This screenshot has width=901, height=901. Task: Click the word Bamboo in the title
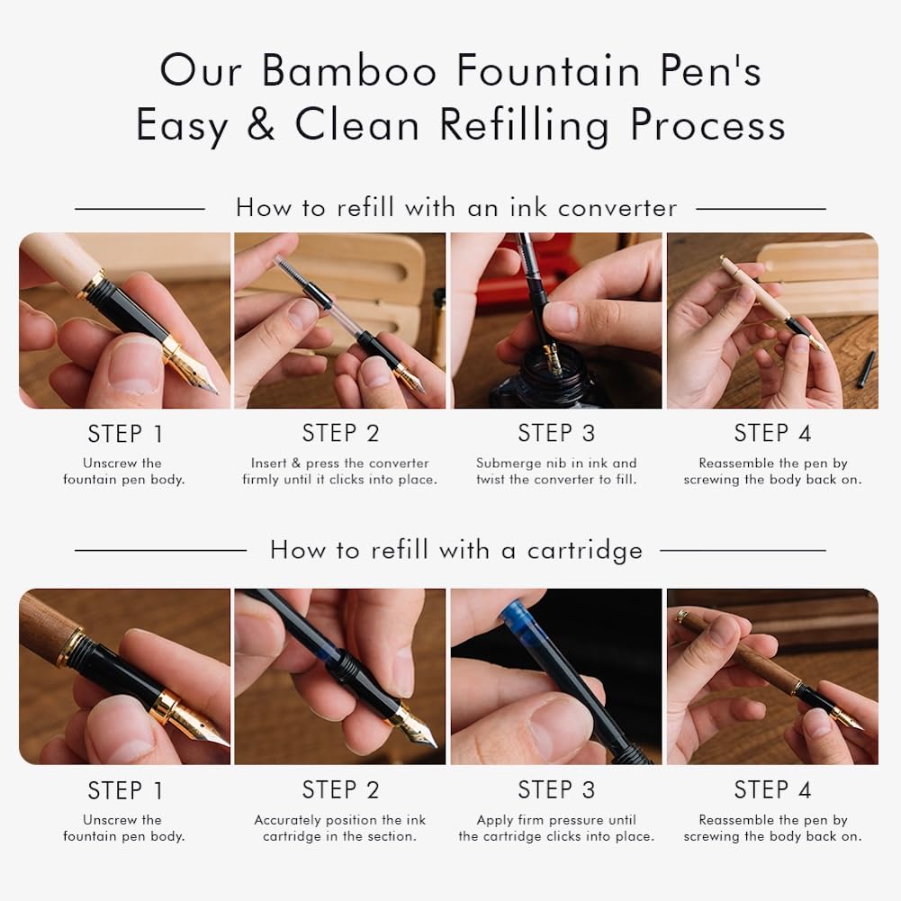pos(349,71)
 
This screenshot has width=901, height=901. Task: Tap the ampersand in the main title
pos(261,125)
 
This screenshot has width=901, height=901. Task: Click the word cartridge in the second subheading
pos(584,551)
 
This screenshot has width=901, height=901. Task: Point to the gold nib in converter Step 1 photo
pos(191,368)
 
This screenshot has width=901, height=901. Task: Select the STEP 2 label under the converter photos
pos(341,433)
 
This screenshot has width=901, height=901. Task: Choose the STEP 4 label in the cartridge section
pos(772,789)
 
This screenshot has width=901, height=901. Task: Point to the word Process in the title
pos(707,125)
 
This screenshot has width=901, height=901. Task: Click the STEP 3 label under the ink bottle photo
pos(556,433)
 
